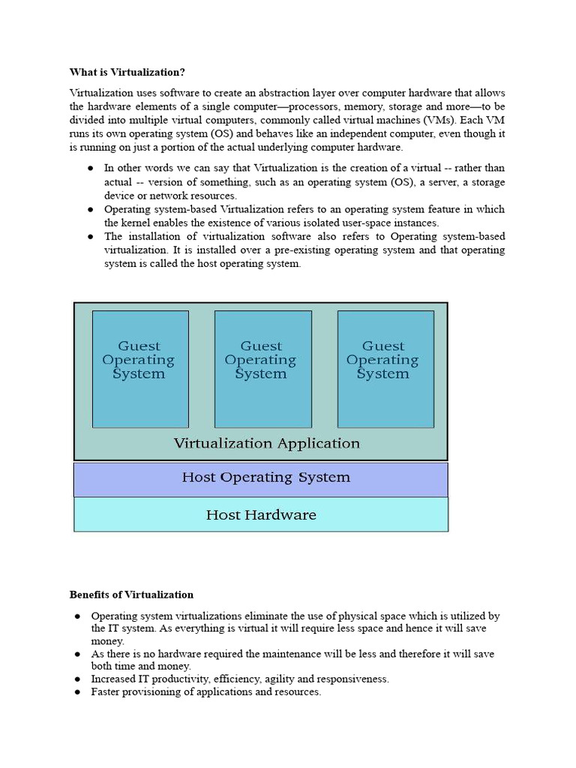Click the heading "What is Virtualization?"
pos(127,72)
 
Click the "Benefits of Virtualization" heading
pos(131,595)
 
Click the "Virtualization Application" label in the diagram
pos(266,443)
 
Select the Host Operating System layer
pos(265,478)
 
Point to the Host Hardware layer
pos(260,515)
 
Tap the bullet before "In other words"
pos(90,169)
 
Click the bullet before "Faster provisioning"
pos(77,692)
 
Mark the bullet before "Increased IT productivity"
pos(77,679)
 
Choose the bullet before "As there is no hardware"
pos(77,654)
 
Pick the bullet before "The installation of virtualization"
pos(90,236)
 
